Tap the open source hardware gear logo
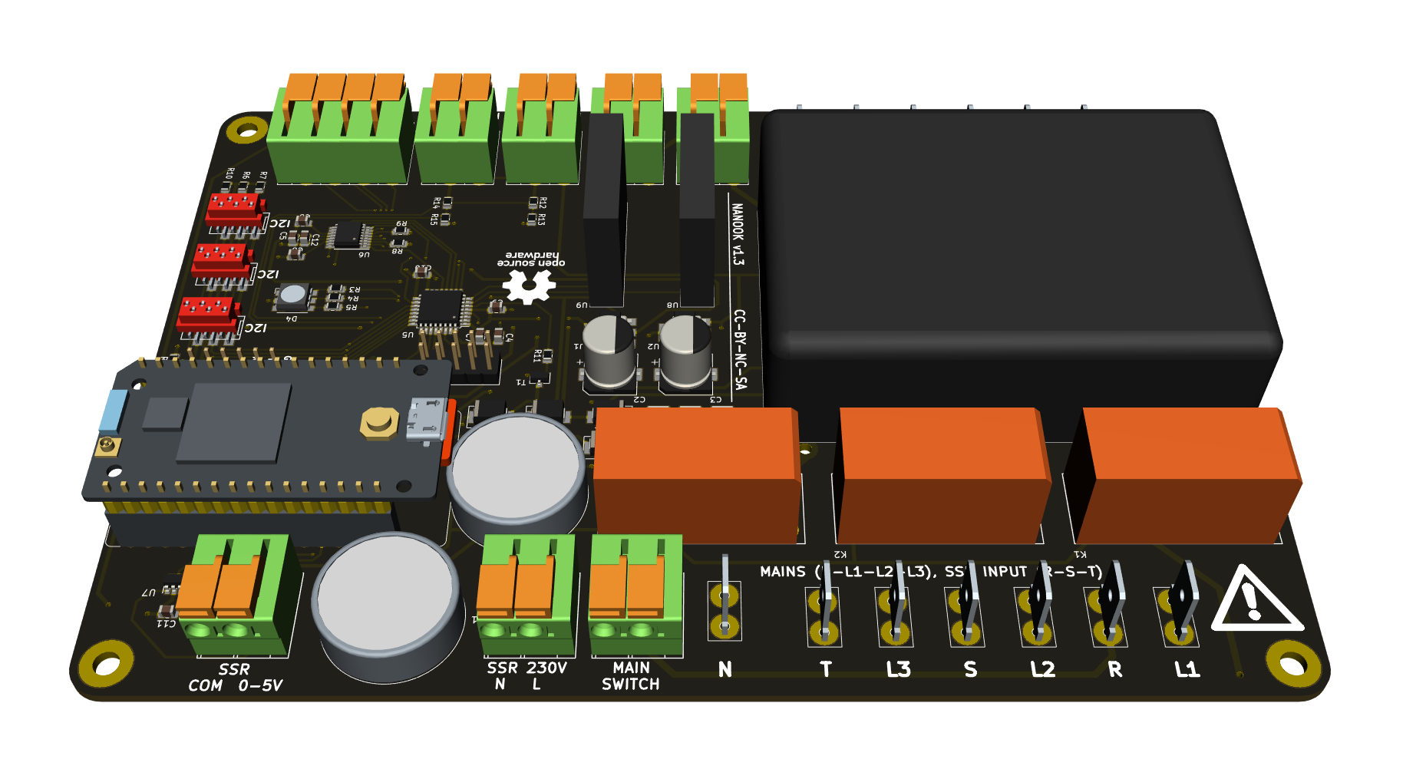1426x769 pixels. tap(529, 286)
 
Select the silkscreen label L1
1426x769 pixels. tap(1187, 669)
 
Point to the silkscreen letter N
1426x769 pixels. tap(725, 669)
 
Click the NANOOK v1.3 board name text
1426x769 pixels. tap(737, 234)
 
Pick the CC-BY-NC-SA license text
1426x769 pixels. tap(740, 349)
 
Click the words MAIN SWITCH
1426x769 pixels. tap(631, 676)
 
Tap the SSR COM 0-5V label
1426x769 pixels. tap(235, 678)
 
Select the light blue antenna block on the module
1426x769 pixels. tap(114, 410)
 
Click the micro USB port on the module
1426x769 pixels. tap(426, 421)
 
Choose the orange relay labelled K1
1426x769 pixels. tap(1186, 476)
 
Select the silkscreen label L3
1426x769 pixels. tap(898, 669)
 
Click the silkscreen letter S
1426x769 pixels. tap(971, 669)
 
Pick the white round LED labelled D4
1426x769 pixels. tap(292, 295)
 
